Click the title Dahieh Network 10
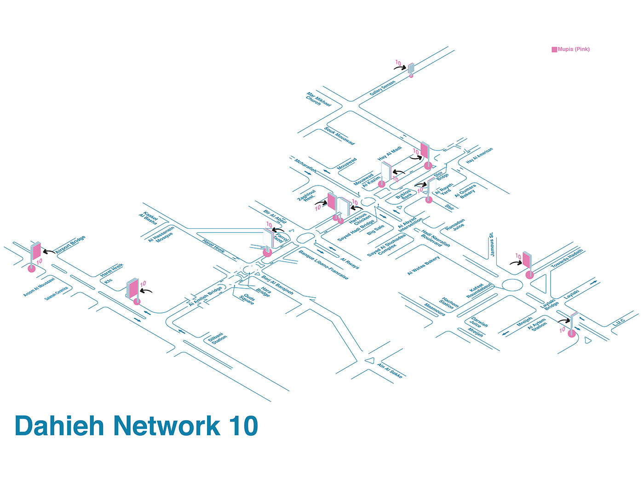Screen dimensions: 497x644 click(x=136, y=426)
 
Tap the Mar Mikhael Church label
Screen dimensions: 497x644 click(x=318, y=99)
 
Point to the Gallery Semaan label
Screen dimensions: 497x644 click(x=382, y=88)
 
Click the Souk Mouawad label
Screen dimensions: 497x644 click(x=339, y=136)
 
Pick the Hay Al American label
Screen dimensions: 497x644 click(x=479, y=156)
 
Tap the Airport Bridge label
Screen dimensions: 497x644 click(x=70, y=245)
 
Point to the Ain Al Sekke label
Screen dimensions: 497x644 click(x=390, y=370)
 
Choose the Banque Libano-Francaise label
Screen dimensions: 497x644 click(x=323, y=265)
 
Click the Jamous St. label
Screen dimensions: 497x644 click(x=492, y=244)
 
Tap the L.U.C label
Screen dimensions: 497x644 click(x=618, y=322)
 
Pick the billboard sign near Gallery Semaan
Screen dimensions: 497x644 click(x=411, y=68)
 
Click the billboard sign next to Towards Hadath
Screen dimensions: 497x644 click(x=527, y=261)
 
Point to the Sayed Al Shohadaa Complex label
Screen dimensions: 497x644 click(x=387, y=245)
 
